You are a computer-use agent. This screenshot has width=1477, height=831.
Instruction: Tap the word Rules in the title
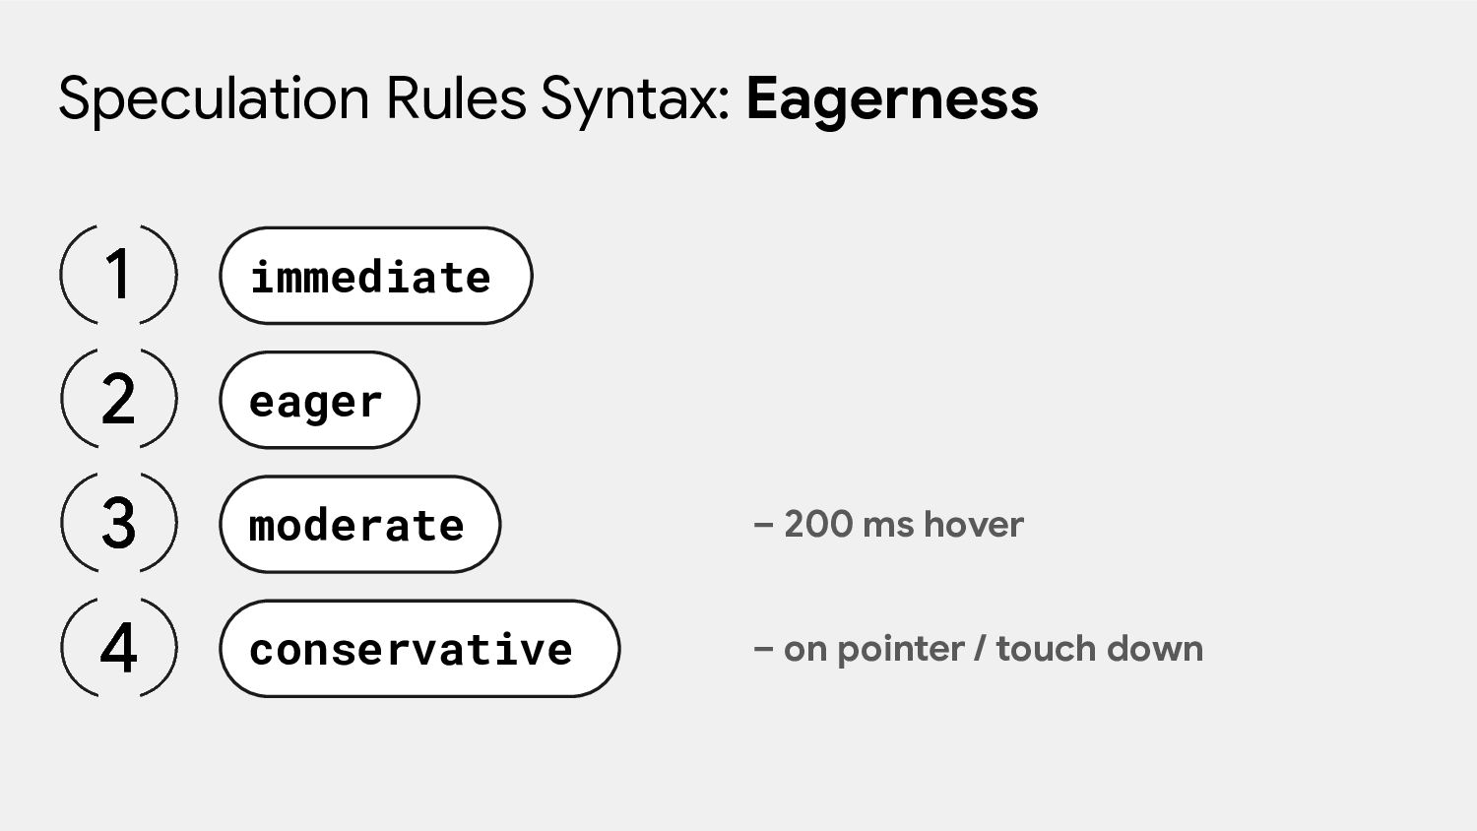pyautogui.click(x=456, y=98)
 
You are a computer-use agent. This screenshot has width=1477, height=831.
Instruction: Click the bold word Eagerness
pyautogui.click(x=892, y=100)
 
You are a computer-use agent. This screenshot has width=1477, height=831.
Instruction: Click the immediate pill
pyautogui.click(x=376, y=276)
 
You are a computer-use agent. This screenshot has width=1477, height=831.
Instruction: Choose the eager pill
pyautogui.click(x=319, y=400)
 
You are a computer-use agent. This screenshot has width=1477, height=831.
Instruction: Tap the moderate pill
pyautogui.click(x=360, y=525)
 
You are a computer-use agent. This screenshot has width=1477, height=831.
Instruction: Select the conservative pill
pyautogui.click(x=419, y=648)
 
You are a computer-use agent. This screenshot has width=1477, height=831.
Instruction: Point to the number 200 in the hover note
pyautogui.click(x=818, y=525)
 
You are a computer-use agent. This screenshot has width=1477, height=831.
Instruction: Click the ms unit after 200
pyautogui.click(x=888, y=527)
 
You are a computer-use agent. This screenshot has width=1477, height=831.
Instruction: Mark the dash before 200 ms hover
pyautogui.click(x=763, y=526)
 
